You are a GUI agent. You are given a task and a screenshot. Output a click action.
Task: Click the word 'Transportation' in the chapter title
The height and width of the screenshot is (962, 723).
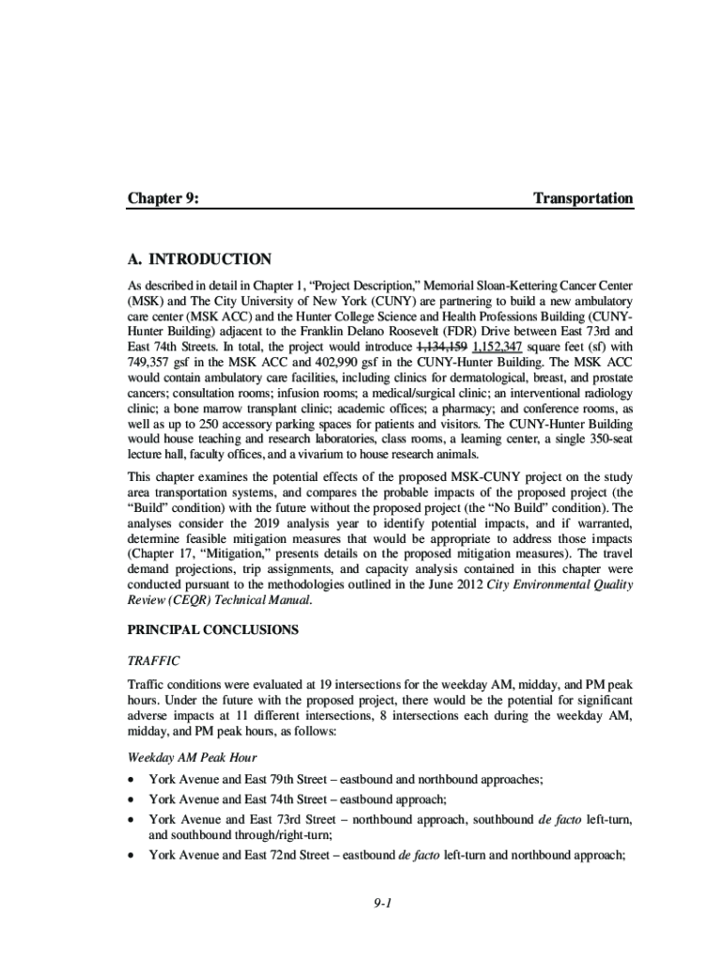point(582,198)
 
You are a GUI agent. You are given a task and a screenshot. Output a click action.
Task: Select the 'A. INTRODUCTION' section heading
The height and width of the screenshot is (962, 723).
point(199,259)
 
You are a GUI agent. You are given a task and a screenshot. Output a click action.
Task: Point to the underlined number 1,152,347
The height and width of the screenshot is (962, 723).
point(498,345)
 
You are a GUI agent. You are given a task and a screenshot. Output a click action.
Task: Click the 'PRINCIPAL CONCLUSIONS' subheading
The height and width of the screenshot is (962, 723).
point(212,629)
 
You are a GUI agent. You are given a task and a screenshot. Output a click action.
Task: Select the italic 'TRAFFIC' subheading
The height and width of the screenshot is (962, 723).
point(153,660)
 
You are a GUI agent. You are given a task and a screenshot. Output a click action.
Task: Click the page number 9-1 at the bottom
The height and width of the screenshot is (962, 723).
point(379,904)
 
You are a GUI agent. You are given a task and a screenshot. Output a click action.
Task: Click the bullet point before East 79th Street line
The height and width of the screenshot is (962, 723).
point(131,779)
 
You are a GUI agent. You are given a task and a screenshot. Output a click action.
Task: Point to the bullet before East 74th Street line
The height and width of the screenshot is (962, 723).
point(131,799)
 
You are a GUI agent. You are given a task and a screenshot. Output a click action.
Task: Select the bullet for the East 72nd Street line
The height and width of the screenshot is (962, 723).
point(131,856)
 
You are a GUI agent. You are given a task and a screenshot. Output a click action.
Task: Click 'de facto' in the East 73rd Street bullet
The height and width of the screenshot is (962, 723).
point(557,819)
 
